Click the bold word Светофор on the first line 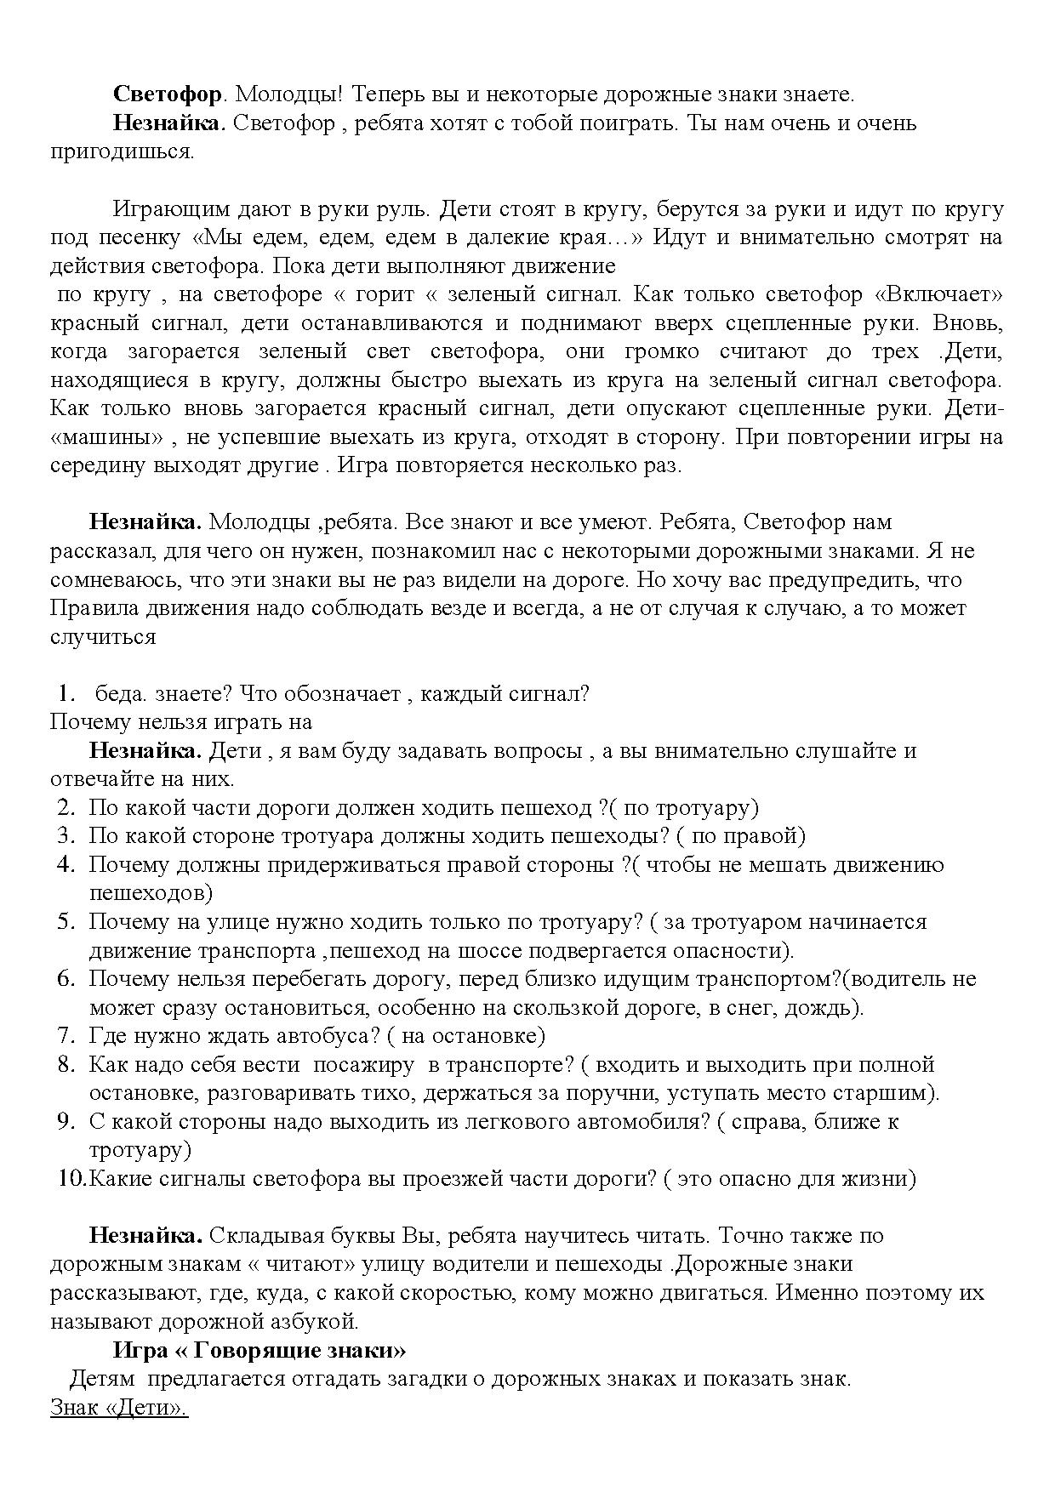click(x=168, y=94)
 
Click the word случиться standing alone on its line click(x=103, y=636)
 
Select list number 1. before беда click(x=68, y=693)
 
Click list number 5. click(x=68, y=921)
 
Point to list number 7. click(x=68, y=1035)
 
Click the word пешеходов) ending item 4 click(x=151, y=893)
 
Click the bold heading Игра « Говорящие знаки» click(x=259, y=1350)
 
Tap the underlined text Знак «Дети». click(x=119, y=1408)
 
